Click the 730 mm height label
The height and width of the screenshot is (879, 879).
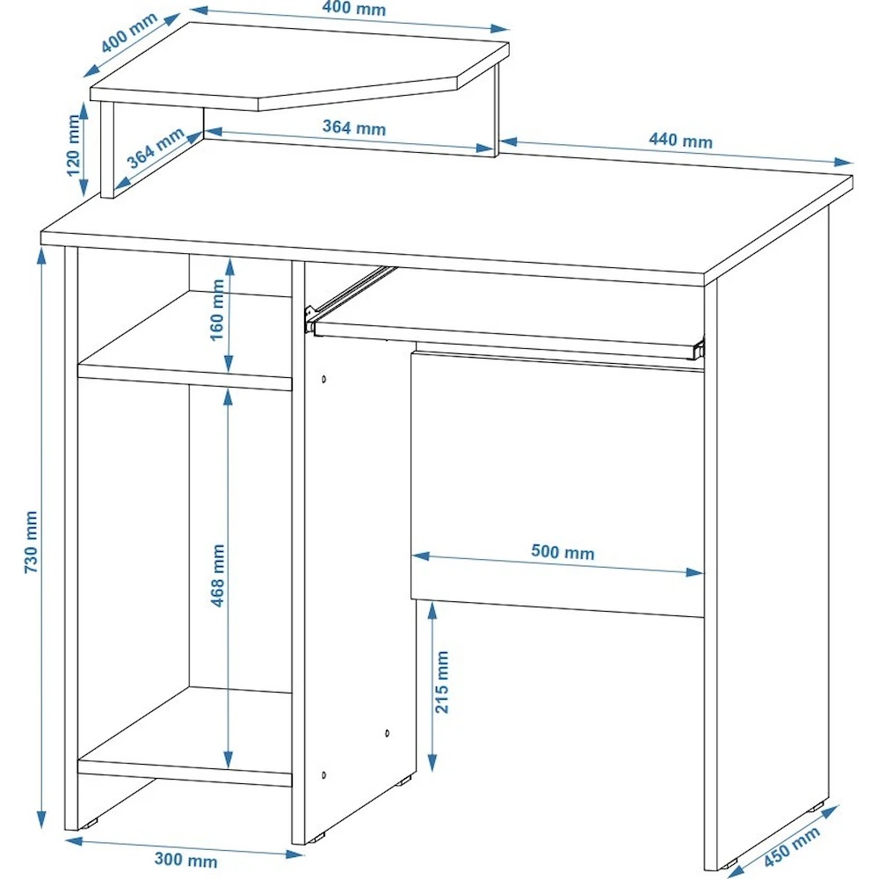[x=31, y=541]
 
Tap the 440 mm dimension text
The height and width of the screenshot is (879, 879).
[x=680, y=140]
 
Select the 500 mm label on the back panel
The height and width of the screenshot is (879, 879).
[x=563, y=552]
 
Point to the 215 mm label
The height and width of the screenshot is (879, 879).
[x=442, y=682]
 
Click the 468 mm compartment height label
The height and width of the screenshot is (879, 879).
[x=217, y=575]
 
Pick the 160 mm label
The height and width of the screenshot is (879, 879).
[x=217, y=310]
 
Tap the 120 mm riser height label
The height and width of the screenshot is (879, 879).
[x=74, y=145]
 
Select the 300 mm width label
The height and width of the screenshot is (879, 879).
[x=186, y=859]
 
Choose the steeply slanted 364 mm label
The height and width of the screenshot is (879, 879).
[x=156, y=148]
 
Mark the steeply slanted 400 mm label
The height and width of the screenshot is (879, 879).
[x=129, y=33]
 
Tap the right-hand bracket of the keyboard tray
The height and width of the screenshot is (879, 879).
[x=699, y=348]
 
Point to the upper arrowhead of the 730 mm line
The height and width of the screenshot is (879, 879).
[x=41, y=256]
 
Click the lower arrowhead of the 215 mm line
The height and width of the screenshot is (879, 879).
[x=432, y=763]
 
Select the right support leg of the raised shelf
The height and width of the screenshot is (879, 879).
[x=496, y=110]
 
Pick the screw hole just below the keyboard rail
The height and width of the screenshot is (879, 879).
[x=324, y=380]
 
